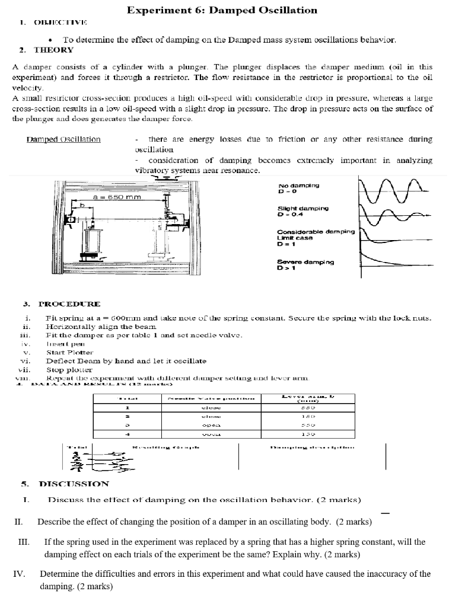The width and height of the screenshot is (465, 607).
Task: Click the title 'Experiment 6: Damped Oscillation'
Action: click(222, 10)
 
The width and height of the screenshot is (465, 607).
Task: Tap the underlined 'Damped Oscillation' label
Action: click(63, 139)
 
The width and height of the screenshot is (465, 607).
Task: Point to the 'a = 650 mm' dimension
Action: click(116, 196)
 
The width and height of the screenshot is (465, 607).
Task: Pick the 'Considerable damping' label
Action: click(316, 232)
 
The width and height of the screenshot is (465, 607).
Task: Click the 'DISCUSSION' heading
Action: click(74, 483)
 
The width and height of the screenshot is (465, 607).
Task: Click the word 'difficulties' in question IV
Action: click(119, 574)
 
